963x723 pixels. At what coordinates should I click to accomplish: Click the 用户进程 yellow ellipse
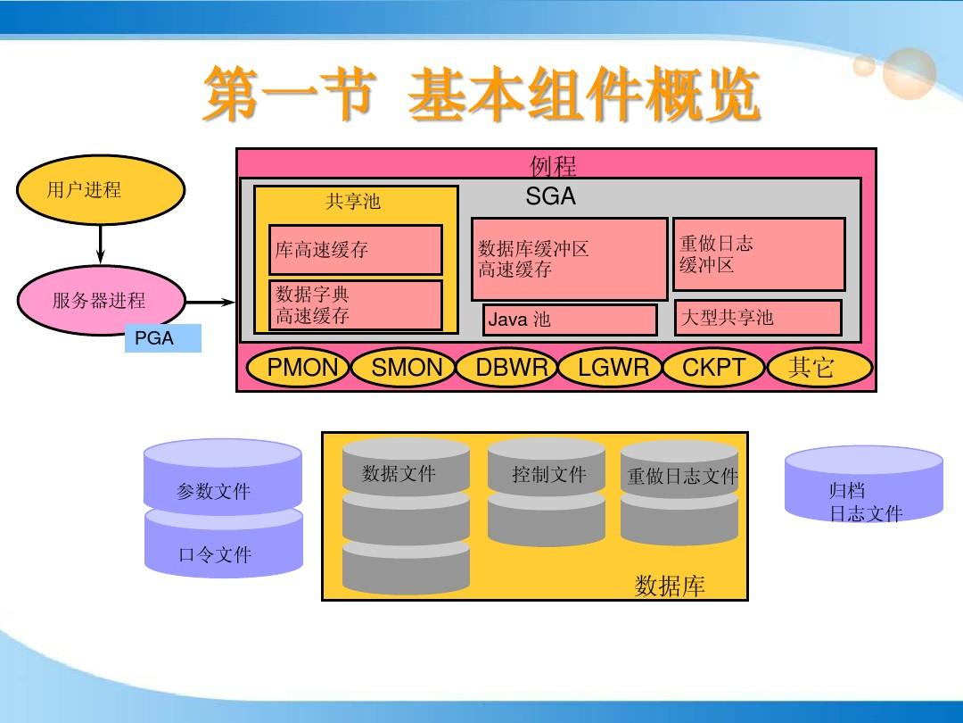101,190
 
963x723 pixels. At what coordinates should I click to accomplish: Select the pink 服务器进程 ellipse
101,301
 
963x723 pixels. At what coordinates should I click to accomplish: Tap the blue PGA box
162,339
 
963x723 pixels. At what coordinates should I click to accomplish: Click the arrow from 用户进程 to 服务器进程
101,243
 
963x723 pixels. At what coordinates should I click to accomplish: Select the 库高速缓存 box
356,250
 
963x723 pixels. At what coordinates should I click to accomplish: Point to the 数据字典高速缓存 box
356,305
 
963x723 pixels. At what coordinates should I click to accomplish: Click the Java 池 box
571,320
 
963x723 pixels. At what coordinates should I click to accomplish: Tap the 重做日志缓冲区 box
759,254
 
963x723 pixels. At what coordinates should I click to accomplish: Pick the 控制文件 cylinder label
549,475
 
